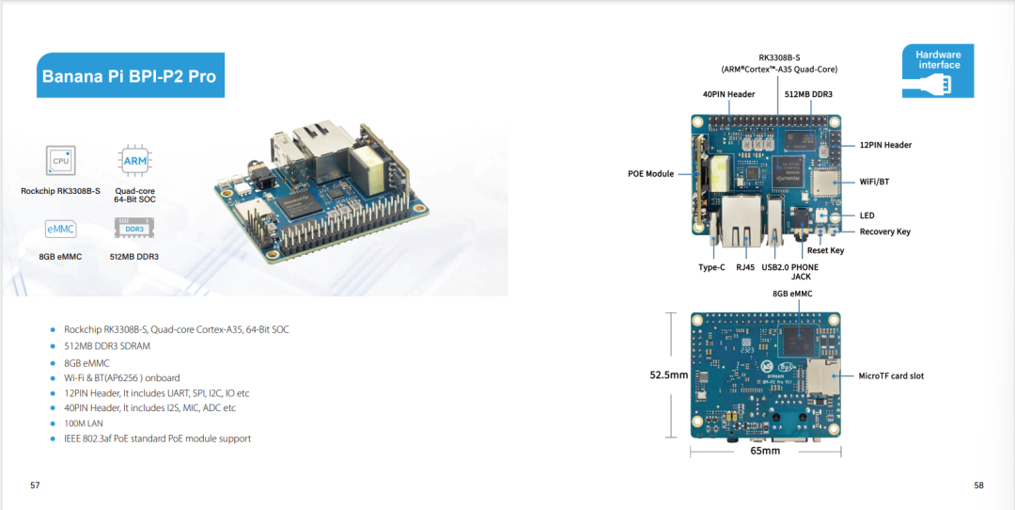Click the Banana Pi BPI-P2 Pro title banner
130,75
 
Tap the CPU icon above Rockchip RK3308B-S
60,160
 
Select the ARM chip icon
134,160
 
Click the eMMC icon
60,229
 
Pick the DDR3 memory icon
134,229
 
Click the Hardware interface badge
938,71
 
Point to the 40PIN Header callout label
729,94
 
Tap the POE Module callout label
650,174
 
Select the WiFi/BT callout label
874,182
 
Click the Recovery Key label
885,231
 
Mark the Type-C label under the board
711,267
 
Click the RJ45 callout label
746,267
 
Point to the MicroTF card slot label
891,375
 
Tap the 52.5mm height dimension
669,375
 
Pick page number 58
978,485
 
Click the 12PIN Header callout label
885,145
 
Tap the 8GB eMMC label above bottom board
792,294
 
